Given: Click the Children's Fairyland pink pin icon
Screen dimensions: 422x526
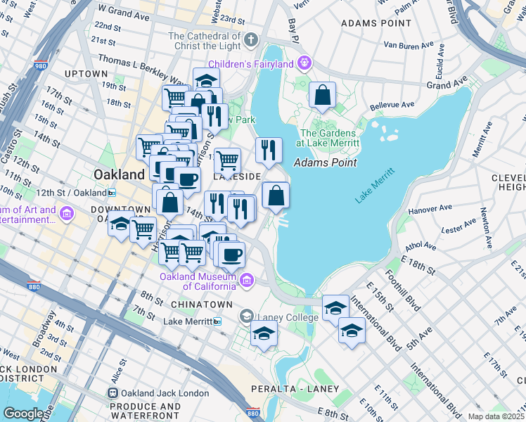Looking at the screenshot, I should click(304, 63).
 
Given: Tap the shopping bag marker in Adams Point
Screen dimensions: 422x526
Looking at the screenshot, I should click(322, 96).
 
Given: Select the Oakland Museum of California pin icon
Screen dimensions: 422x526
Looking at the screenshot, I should click(246, 281).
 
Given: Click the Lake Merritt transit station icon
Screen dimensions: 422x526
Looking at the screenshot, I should click(218, 321).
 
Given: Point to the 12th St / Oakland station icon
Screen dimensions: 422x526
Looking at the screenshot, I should click(112, 193).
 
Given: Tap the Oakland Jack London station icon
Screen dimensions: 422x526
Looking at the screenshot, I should click(112, 393).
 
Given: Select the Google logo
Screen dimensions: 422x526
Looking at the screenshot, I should click(23, 414).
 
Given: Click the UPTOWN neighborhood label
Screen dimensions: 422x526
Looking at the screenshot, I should click(85, 73).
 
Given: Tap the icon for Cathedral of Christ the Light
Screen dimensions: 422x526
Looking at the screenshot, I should click(251, 37).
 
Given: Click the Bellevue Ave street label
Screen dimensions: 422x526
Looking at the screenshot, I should click(389, 104).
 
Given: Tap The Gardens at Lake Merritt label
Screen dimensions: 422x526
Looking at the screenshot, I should click(330, 138).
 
